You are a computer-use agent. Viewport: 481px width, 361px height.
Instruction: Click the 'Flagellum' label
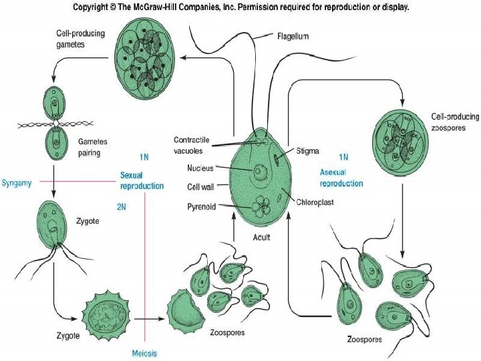(293, 37)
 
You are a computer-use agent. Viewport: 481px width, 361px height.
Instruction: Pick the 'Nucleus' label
(200, 168)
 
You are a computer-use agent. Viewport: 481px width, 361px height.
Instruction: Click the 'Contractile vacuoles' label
(192, 144)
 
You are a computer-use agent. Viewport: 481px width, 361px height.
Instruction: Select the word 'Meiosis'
(145, 352)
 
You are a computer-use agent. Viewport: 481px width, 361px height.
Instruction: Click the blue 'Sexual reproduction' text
(142, 180)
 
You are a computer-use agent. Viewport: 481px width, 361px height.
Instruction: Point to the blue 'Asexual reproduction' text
(341, 178)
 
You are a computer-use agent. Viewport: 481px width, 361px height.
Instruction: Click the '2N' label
(122, 207)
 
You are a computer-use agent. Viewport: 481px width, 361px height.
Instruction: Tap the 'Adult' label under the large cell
(261, 238)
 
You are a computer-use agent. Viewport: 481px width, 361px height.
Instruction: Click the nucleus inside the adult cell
(257, 172)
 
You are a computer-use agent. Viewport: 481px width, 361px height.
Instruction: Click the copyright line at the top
(240, 7)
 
